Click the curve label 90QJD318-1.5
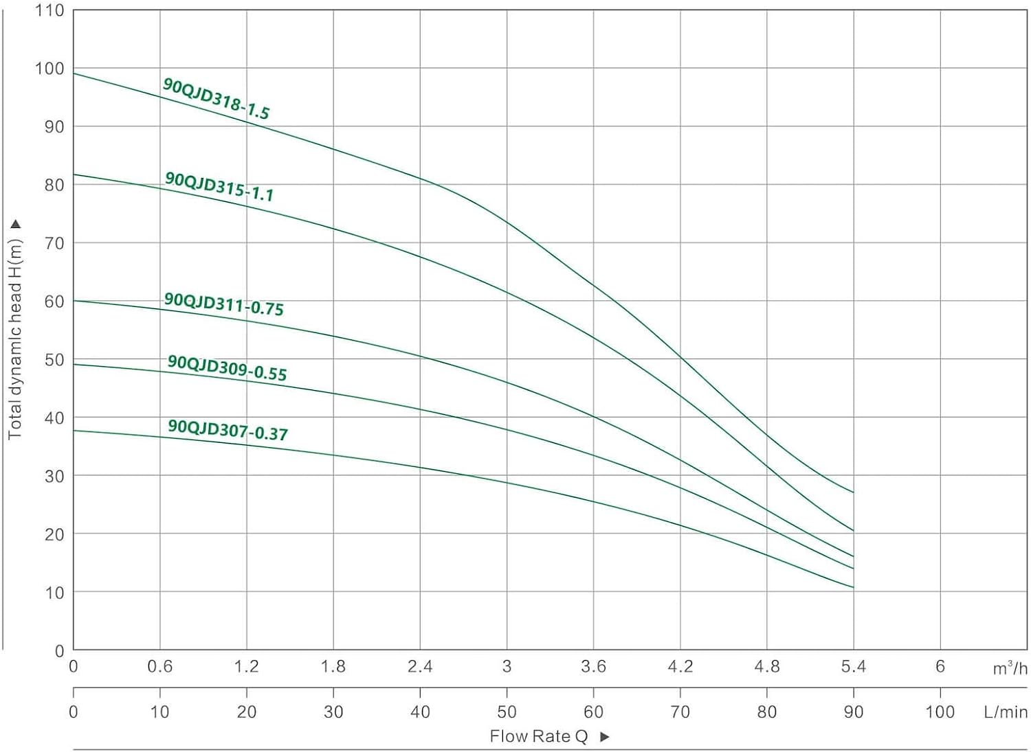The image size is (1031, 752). (x=216, y=99)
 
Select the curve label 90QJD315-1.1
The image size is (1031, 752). (x=219, y=187)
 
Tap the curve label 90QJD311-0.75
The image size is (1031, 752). (x=223, y=304)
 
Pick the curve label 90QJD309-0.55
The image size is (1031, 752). (x=227, y=367)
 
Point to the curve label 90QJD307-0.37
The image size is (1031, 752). (x=228, y=430)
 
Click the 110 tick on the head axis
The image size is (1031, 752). (x=50, y=10)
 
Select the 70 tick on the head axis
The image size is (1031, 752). (x=54, y=243)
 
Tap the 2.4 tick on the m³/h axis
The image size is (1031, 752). (x=420, y=666)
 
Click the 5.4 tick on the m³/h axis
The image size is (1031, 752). (x=854, y=666)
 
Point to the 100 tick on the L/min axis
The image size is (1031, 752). (x=940, y=712)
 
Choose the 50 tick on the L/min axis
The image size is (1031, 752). (x=507, y=712)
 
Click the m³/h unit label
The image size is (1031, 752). (x=1010, y=668)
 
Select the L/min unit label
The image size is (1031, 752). (x=1006, y=712)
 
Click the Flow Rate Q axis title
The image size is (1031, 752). (x=538, y=737)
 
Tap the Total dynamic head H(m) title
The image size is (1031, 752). (x=15, y=339)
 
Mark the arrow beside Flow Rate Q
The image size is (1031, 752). (x=605, y=737)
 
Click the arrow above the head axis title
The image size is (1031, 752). (x=15, y=224)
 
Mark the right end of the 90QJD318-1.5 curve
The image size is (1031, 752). (x=853, y=492)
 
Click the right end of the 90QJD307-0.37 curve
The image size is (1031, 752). (x=853, y=587)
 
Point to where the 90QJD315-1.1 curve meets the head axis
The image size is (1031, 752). (x=74, y=174)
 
